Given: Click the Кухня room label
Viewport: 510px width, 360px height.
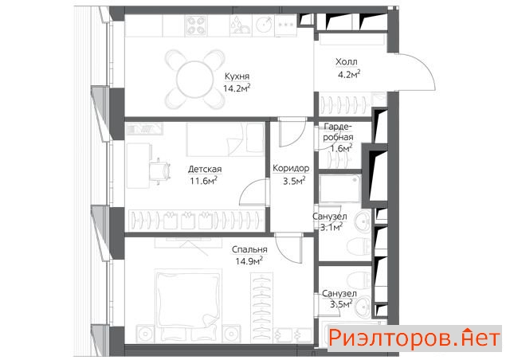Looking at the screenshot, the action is [x=237, y=76].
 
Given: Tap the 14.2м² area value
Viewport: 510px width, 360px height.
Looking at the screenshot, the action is [x=237, y=88].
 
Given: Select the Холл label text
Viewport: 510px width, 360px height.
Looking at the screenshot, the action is [x=347, y=61].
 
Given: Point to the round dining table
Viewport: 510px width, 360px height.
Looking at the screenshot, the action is [x=194, y=79].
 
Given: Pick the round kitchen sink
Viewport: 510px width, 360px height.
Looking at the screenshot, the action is [x=264, y=25].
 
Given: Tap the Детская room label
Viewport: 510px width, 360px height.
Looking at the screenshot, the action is [x=205, y=169].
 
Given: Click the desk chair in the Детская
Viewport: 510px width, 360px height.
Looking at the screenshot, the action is [x=160, y=170].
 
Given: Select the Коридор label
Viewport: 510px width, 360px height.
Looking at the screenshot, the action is [x=291, y=168].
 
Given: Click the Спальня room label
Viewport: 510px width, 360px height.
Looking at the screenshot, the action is [x=249, y=249].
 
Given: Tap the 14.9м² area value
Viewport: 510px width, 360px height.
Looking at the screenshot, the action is [x=249, y=260].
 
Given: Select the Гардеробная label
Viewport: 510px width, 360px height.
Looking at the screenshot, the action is [x=338, y=131].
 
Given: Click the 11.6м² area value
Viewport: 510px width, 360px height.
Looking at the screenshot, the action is [x=204, y=181].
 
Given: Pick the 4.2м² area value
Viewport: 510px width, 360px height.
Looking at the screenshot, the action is [x=349, y=75].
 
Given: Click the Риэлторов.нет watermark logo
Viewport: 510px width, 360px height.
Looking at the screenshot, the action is [x=414, y=338].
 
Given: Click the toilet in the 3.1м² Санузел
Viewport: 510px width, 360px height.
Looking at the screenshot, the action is [x=359, y=247].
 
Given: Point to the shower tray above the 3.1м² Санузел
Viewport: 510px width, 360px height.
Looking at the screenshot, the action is [x=340, y=189].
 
